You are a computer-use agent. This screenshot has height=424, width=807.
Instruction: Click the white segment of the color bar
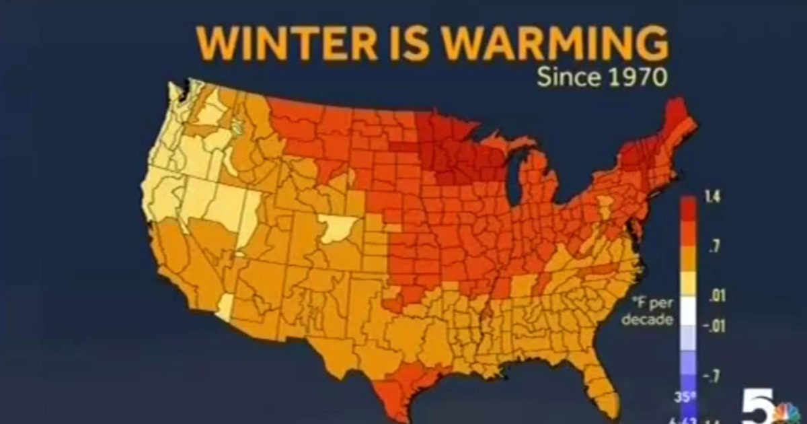(x=689, y=311)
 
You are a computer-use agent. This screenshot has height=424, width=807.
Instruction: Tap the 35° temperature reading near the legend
(x=683, y=396)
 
